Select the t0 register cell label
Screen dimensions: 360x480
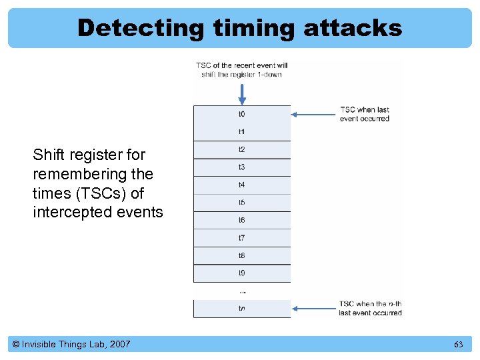(x=241, y=114)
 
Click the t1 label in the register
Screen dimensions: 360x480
(x=241, y=132)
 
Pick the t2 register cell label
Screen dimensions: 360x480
(x=241, y=149)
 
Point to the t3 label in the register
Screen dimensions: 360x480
(x=241, y=167)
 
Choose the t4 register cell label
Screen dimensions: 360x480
(x=241, y=185)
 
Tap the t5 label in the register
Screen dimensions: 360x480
(x=241, y=203)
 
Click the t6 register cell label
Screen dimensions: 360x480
(x=241, y=220)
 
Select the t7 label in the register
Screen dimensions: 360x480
(x=241, y=238)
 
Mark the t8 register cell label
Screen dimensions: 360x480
(x=241, y=255)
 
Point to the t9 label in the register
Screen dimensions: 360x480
(x=241, y=273)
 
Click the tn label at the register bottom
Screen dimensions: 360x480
(x=241, y=308)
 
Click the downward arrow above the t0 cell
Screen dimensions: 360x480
(x=242, y=92)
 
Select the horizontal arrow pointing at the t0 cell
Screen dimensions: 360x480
(x=313, y=114)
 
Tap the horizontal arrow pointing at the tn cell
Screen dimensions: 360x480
(x=313, y=308)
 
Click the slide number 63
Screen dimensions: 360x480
(x=458, y=345)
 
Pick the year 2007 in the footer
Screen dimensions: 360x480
(x=119, y=344)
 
